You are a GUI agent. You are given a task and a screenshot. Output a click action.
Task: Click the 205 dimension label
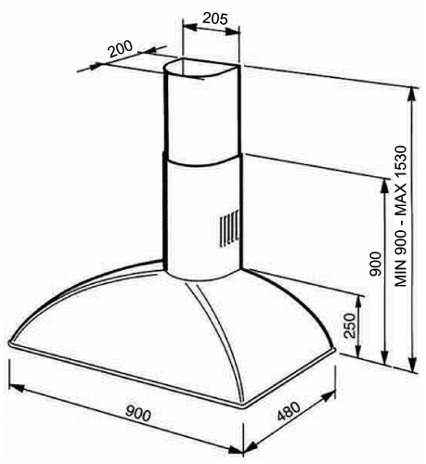(x=215, y=19)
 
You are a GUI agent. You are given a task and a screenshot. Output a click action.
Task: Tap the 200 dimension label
(x=121, y=49)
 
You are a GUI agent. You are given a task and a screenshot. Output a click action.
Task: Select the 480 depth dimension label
(x=289, y=411)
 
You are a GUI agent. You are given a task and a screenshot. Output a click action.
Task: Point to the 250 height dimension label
(x=349, y=326)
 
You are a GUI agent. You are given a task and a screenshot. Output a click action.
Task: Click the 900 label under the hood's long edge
(x=138, y=414)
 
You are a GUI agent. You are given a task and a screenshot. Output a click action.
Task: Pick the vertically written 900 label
(x=376, y=264)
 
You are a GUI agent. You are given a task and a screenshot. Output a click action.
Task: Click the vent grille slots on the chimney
(x=229, y=228)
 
